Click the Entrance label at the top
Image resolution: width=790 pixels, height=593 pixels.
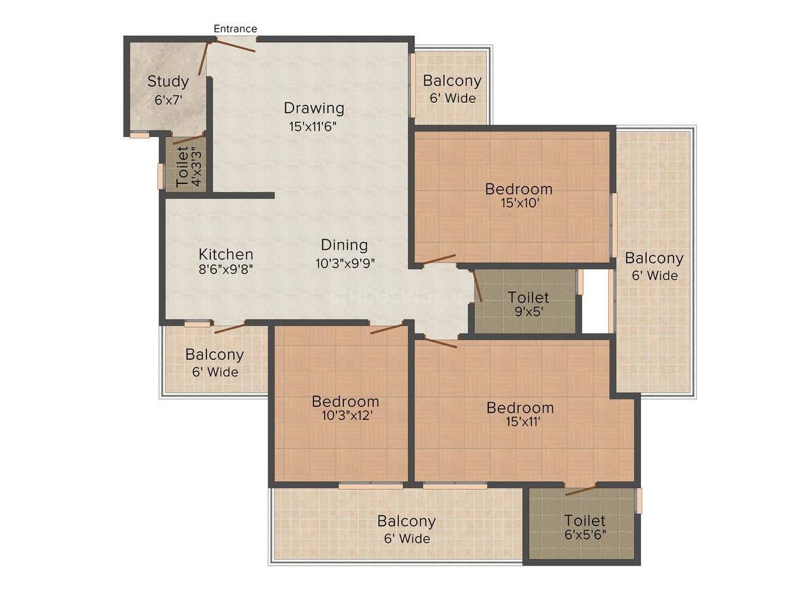coord(235,29)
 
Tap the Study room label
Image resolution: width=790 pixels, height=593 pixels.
coord(168,81)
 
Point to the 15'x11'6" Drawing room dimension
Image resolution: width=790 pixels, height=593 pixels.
coord(313,126)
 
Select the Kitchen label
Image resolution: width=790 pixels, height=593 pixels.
coord(225,254)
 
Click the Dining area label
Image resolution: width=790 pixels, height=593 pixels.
coord(345,245)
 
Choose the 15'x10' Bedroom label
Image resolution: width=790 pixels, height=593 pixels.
coord(518,189)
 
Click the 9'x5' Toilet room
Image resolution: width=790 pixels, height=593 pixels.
coord(525,301)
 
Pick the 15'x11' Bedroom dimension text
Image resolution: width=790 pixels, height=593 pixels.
coord(524,421)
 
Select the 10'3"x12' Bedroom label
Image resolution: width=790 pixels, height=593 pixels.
coord(346,401)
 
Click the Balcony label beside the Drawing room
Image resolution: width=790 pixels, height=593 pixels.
coord(452,80)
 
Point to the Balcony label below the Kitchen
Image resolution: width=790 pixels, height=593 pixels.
coord(215,354)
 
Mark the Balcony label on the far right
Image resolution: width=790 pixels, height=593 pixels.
coord(654,258)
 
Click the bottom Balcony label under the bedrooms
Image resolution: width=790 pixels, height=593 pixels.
coord(406,521)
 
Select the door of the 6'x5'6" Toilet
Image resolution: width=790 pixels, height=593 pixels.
coord(581,489)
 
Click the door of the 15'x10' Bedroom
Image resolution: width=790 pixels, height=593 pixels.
coord(439,259)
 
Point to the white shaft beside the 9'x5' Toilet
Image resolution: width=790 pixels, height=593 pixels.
coord(595,301)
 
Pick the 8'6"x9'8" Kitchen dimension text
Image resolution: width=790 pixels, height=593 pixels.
coord(225,269)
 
